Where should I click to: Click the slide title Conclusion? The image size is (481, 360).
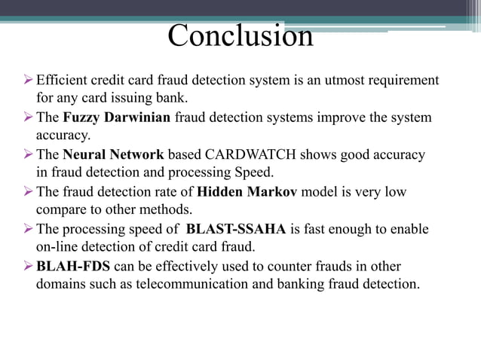240,36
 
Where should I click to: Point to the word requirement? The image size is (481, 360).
402,81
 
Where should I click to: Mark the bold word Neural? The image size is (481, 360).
85,154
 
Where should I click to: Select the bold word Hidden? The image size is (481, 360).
219,191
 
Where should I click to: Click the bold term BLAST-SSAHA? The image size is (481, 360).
232,228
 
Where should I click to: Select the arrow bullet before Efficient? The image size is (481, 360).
29,80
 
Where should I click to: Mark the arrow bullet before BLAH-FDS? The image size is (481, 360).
29,265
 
